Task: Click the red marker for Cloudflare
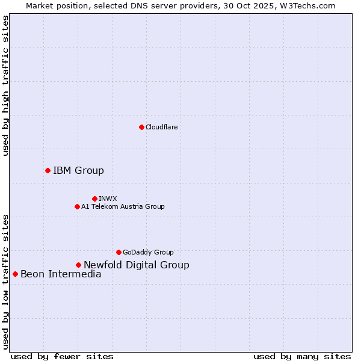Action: tap(141, 127)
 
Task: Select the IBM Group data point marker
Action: tap(48, 170)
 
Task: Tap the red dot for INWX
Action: tap(94, 199)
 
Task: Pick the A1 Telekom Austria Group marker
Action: tap(77, 206)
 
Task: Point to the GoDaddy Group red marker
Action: tap(119, 252)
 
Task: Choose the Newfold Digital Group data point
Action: tap(78, 265)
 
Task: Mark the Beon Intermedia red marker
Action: tap(15, 274)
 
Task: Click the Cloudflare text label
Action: tap(161, 127)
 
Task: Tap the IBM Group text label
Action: tap(78, 170)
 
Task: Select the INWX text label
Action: tap(108, 199)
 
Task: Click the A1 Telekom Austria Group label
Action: tap(123, 206)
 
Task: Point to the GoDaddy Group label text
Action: tap(148, 252)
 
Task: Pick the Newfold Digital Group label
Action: tap(136, 265)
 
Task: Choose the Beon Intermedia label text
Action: tap(61, 274)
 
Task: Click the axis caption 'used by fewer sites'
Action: tap(62, 356)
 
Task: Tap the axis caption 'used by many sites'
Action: tap(302, 356)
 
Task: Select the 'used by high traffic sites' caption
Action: tap(5, 85)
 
